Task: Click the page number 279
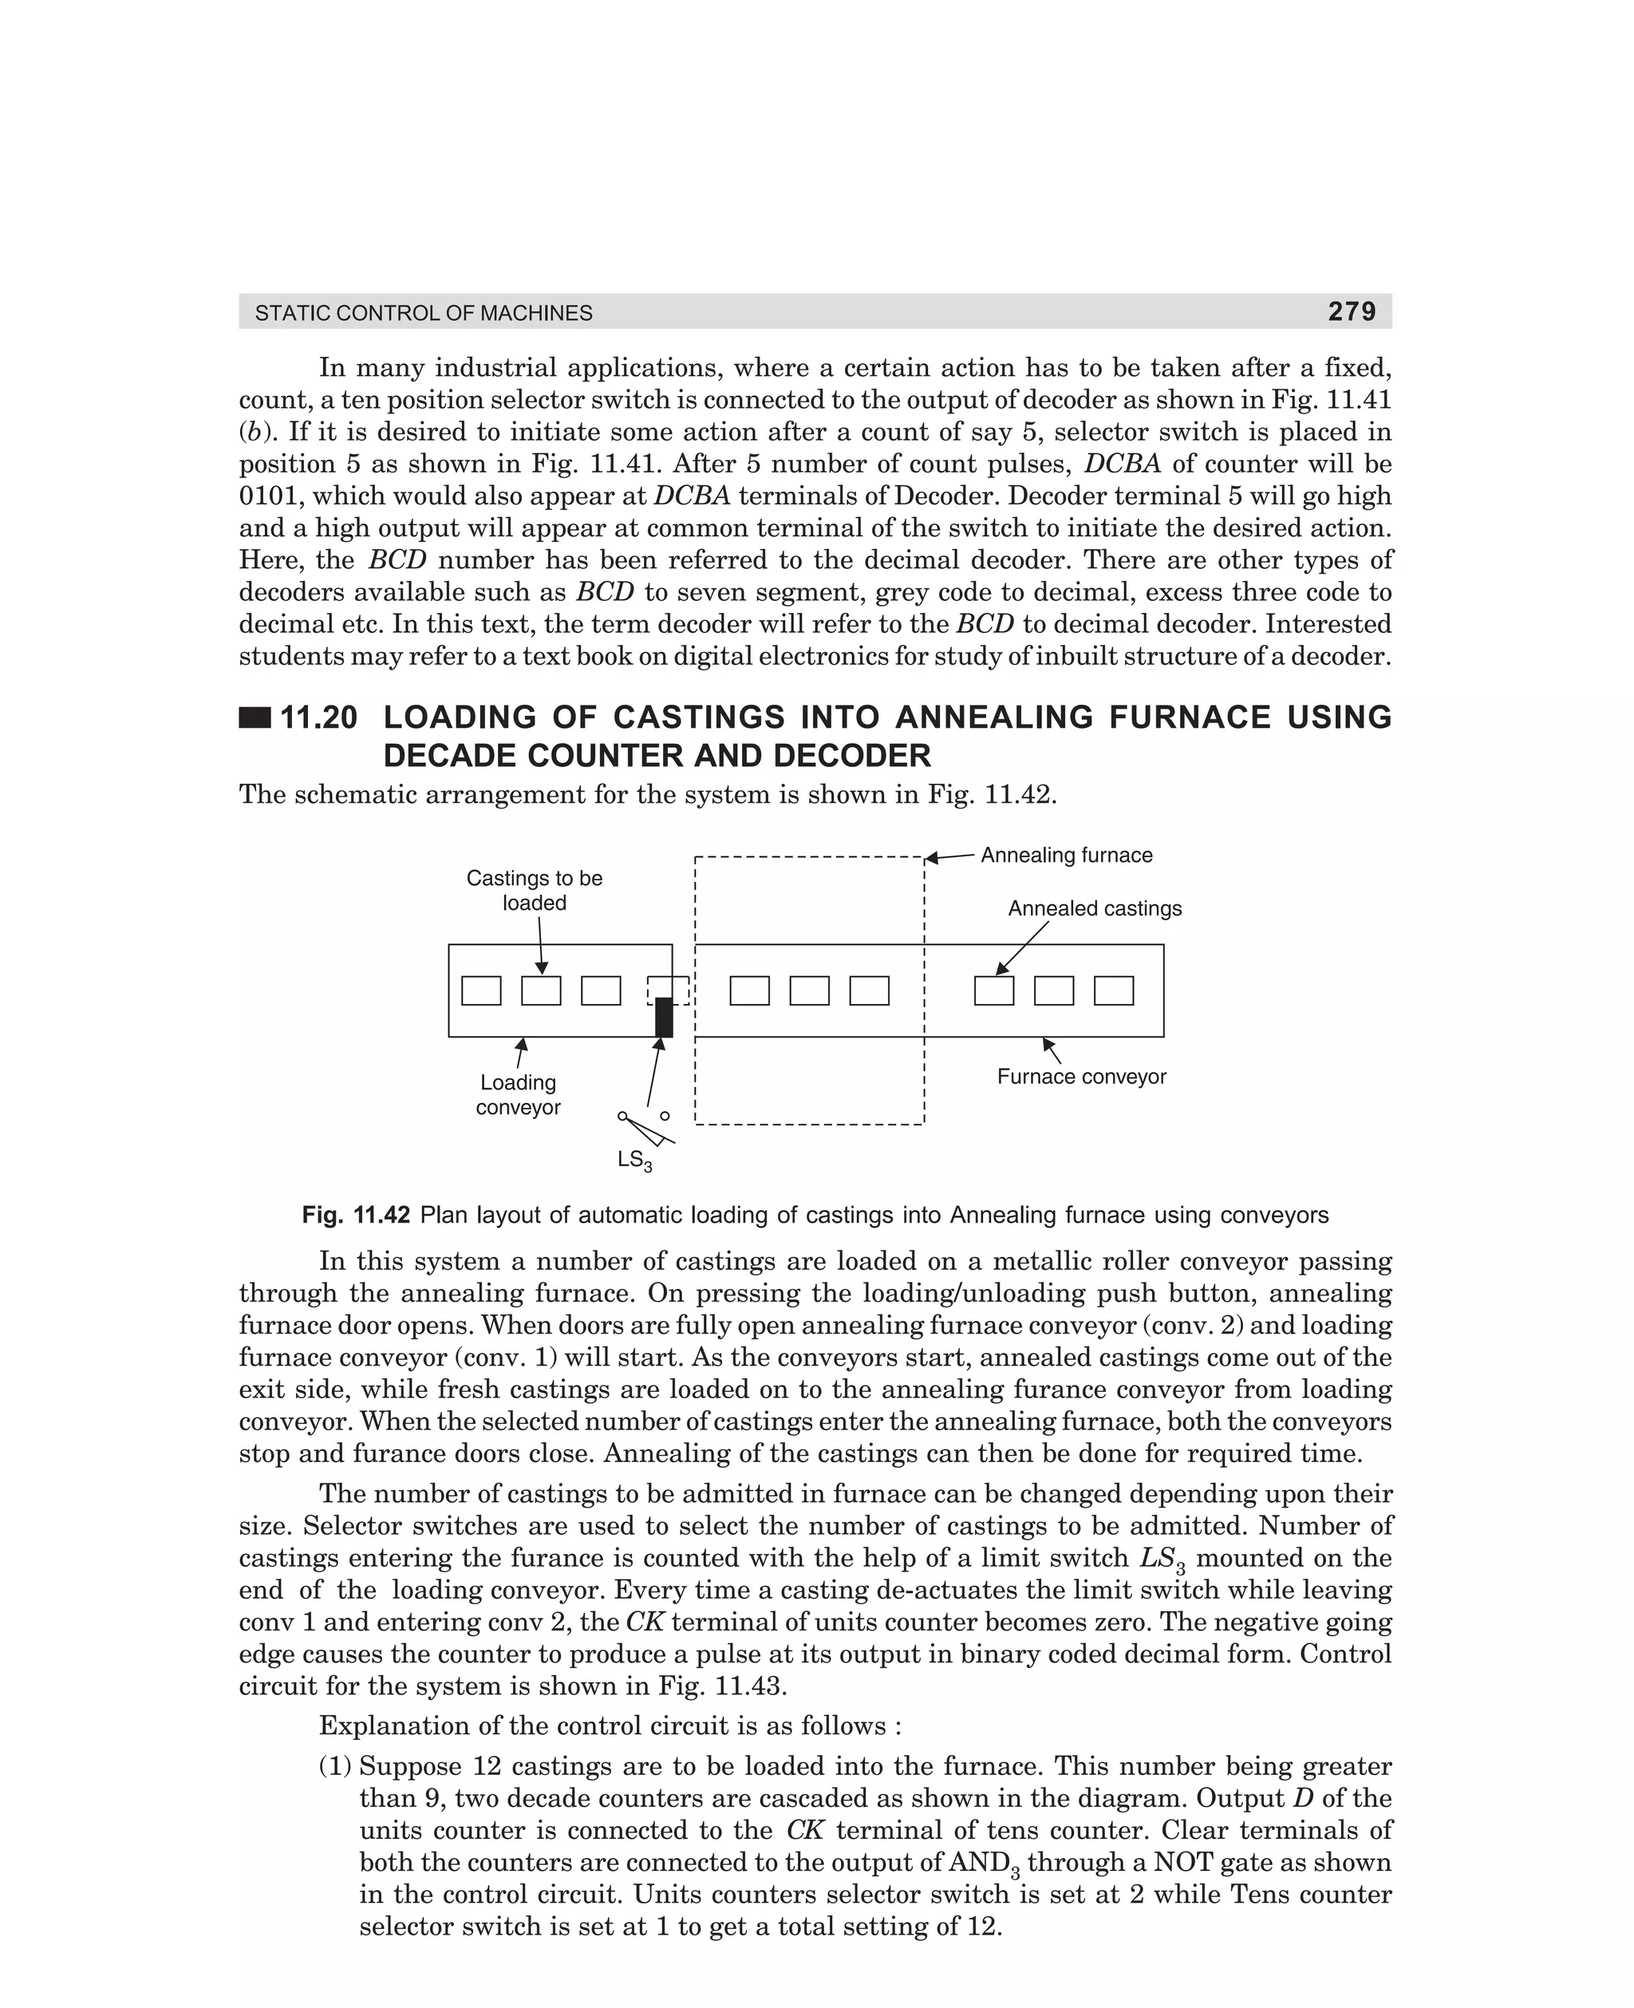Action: click(x=1352, y=311)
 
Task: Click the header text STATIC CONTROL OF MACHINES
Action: click(x=424, y=314)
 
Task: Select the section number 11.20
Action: click(x=319, y=717)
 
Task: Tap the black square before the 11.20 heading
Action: click(x=255, y=718)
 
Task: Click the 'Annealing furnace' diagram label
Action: click(x=1067, y=855)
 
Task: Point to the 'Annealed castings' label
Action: click(x=1095, y=908)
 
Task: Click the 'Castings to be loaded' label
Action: click(x=534, y=890)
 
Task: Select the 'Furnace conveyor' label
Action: click(x=1082, y=1076)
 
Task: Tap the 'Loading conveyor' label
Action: click(x=518, y=1095)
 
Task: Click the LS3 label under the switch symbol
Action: click(x=634, y=1160)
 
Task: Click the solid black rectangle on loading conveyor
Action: click(x=664, y=1017)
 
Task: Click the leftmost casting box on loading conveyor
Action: click(x=481, y=990)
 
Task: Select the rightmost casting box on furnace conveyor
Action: click(x=1114, y=990)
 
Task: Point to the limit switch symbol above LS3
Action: click(x=645, y=1127)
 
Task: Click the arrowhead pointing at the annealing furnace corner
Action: click(x=932, y=858)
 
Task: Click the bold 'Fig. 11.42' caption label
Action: click(x=356, y=1215)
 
